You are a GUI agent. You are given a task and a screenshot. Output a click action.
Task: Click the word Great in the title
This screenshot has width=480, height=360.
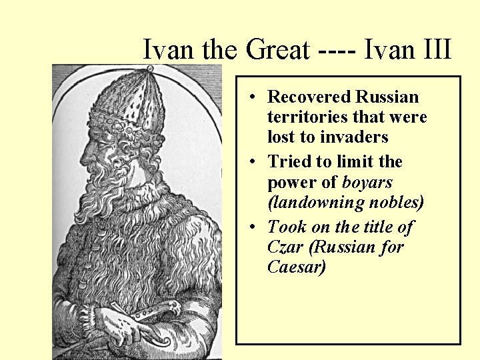pos(278,50)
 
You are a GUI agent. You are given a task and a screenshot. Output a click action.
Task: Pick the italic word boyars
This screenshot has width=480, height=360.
pos(367,182)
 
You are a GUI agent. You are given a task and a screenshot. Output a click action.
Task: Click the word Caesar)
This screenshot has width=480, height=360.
pos(297,267)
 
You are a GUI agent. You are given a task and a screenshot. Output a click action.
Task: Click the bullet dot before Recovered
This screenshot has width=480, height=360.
pos(255,98)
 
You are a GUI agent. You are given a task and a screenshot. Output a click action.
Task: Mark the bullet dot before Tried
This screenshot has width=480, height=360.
pos(255,163)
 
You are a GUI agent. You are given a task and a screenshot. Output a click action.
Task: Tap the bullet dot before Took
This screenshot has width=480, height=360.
pos(255,228)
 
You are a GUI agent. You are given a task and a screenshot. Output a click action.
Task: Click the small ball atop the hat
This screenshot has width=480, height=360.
pos(150,69)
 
